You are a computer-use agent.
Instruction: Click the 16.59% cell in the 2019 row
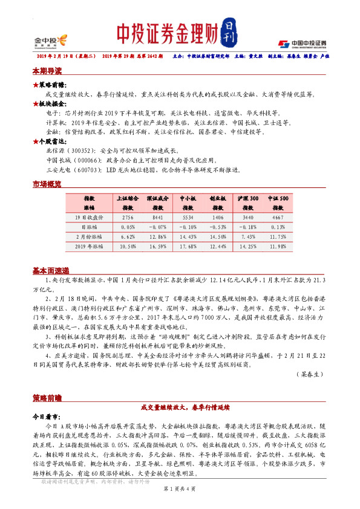(x=158, y=246)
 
